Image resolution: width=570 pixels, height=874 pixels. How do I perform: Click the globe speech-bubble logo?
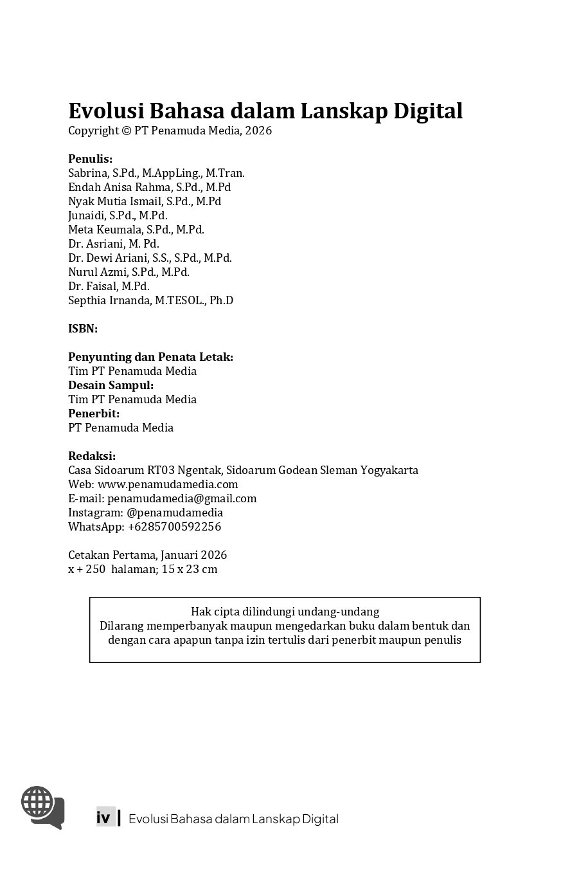42,806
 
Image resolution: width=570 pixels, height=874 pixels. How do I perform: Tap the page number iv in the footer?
103,818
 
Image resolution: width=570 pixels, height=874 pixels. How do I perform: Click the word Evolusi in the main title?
106,111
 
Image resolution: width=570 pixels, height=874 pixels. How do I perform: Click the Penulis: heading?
91,159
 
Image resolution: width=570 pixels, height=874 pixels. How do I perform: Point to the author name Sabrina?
88,173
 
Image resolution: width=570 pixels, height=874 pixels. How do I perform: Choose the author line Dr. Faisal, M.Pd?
109,286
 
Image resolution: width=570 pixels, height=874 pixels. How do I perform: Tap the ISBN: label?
83,329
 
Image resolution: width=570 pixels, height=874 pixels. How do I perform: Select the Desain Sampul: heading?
111,385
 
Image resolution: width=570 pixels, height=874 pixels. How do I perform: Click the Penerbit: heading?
94,414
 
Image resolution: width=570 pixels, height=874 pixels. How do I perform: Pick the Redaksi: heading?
92,456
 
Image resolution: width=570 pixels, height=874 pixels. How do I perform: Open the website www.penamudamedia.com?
168,484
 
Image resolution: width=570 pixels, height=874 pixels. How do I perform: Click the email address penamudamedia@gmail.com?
182,498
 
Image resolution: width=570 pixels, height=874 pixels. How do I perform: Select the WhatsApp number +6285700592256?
174,527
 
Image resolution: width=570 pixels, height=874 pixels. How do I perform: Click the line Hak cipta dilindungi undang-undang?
285,611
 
